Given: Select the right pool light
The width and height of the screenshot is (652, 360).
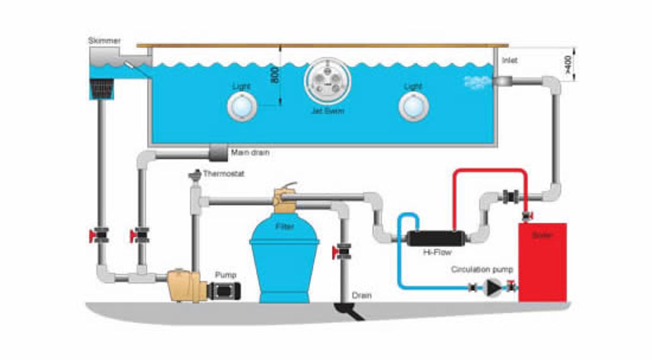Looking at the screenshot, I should coord(413,106).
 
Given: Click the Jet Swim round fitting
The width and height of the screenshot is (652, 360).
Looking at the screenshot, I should coord(324,82).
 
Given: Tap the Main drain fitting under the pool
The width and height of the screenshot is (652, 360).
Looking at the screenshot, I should coord(218,153).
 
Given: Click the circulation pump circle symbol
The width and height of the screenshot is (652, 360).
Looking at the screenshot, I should coord(493,287).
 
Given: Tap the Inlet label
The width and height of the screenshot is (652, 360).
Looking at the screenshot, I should coord(510,60).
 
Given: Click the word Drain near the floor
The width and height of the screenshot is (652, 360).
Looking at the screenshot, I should coord(361,295).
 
